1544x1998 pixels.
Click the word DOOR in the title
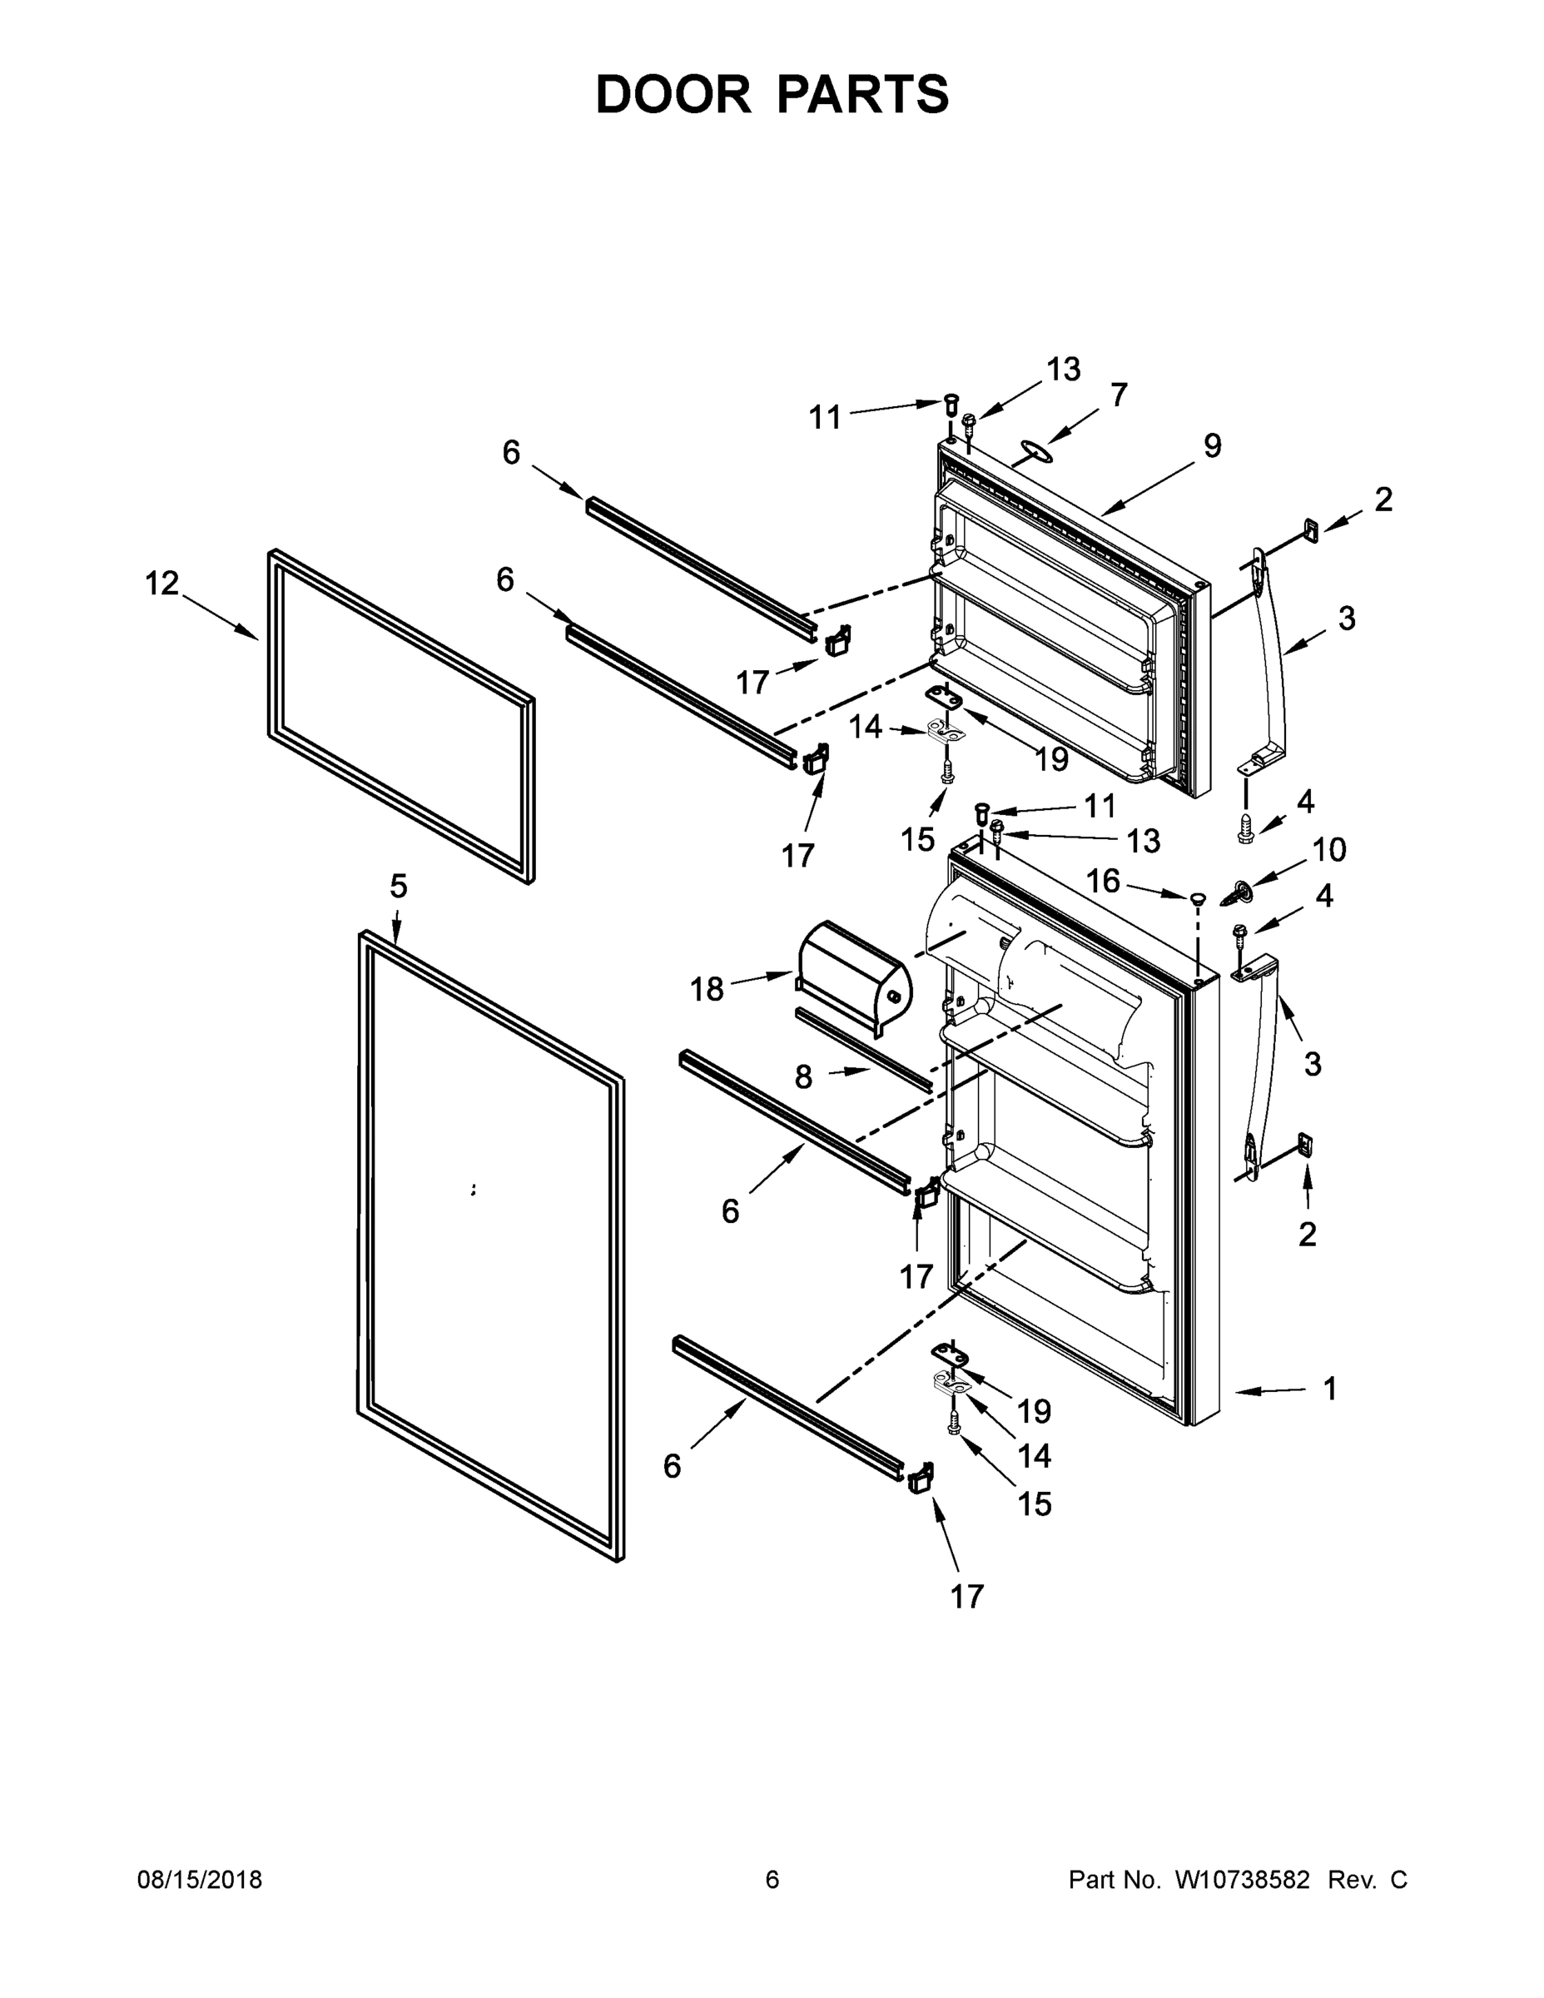(673, 94)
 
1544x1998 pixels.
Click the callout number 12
(162, 583)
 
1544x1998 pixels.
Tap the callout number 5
(398, 886)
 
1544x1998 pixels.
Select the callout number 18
(706, 989)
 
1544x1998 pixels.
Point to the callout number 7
(1119, 395)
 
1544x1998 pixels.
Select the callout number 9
(1212, 445)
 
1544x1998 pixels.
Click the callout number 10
(1329, 850)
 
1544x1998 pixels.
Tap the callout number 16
(1103, 881)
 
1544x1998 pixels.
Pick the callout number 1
(1330, 1389)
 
